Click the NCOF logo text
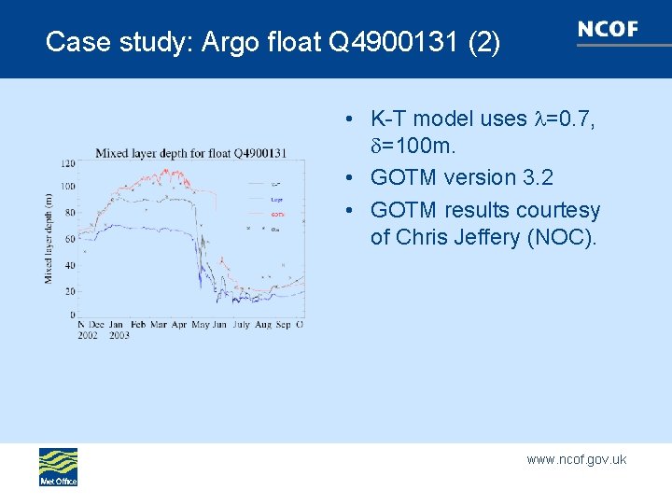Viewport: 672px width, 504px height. [x=608, y=29]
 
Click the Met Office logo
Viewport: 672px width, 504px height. [x=58, y=467]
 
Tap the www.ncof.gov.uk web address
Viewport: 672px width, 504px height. [x=576, y=459]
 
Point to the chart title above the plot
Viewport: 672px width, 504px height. [x=190, y=153]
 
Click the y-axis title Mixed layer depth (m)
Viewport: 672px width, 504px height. [x=49, y=238]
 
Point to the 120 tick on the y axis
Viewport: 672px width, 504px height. [x=67, y=163]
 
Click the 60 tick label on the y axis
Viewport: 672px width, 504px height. [x=69, y=240]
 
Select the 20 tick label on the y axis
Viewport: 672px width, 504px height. [x=69, y=291]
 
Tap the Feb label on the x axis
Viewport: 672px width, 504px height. [x=138, y=325]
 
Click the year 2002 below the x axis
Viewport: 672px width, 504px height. [x=88, y=335]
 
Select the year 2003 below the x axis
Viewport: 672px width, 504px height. [x=119, y=335]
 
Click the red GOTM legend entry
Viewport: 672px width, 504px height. [x=276, y=214]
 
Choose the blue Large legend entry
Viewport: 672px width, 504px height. [x=276, y=199]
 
